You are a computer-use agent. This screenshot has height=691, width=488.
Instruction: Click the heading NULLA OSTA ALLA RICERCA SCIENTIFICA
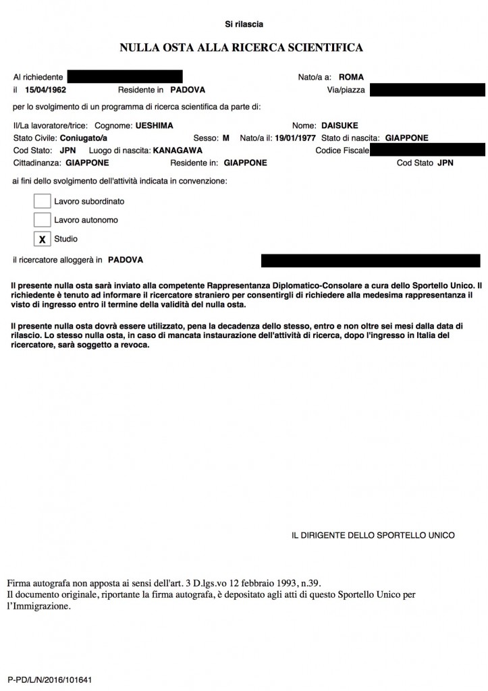coord(242,47)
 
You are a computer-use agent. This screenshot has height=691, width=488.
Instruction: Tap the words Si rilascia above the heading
coord(244,24)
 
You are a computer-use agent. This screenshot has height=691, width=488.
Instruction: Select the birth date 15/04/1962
coord(45,89)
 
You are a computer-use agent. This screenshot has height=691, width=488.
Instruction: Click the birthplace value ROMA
coord(351,77)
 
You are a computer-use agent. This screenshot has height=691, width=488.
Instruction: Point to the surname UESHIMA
coord(155,126)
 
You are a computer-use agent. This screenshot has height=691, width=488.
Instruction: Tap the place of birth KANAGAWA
coord(178,150)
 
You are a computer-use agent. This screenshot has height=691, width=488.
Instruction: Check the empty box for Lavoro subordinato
coord(42,201)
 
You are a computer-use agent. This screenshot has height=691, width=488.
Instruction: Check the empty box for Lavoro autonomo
coord(42,220)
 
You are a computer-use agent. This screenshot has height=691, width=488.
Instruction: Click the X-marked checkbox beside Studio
coord(42,239)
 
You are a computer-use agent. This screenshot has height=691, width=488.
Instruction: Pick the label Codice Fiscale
coord(342,150)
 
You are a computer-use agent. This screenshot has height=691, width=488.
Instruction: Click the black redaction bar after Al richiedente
coord(125,77)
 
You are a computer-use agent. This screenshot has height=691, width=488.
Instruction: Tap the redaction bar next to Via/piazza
coord(427,89)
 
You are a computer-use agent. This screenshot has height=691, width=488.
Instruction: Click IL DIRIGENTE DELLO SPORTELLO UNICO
coord(373,535)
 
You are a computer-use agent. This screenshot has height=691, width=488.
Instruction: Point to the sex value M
coord(225,138)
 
